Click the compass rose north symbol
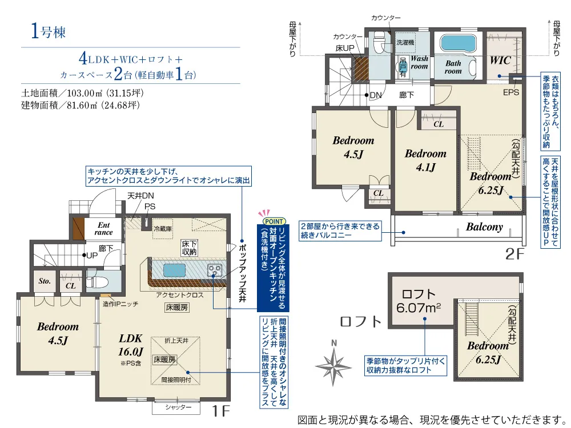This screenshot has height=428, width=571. coord(333,365)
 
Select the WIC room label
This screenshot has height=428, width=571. coord(500,60)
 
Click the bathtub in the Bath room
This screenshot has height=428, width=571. coord(458,44)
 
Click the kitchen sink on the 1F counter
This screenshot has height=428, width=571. coord(174,270)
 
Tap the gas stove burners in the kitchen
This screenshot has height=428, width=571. coord(214,270)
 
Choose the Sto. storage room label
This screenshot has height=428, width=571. coord(45,281)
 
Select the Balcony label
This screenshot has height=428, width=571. coord(484,227)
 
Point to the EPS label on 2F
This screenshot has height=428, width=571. coord(511,92)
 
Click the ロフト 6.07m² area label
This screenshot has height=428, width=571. coord(419,301)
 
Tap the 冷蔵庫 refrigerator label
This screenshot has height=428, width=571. coord(162,229)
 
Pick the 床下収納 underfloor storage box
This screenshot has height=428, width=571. coord(190,248)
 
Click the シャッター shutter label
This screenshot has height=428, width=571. coord(178,407)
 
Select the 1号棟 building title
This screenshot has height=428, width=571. coord(49,31)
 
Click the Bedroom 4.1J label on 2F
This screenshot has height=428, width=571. coord(425,160)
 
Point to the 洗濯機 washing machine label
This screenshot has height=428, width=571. coord(405,43)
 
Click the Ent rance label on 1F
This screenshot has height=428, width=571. coord(104,229)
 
